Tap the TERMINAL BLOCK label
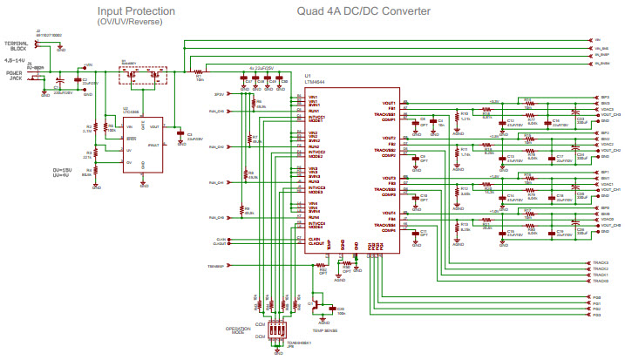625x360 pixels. point(15,44)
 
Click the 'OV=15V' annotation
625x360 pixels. point(63,169)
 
